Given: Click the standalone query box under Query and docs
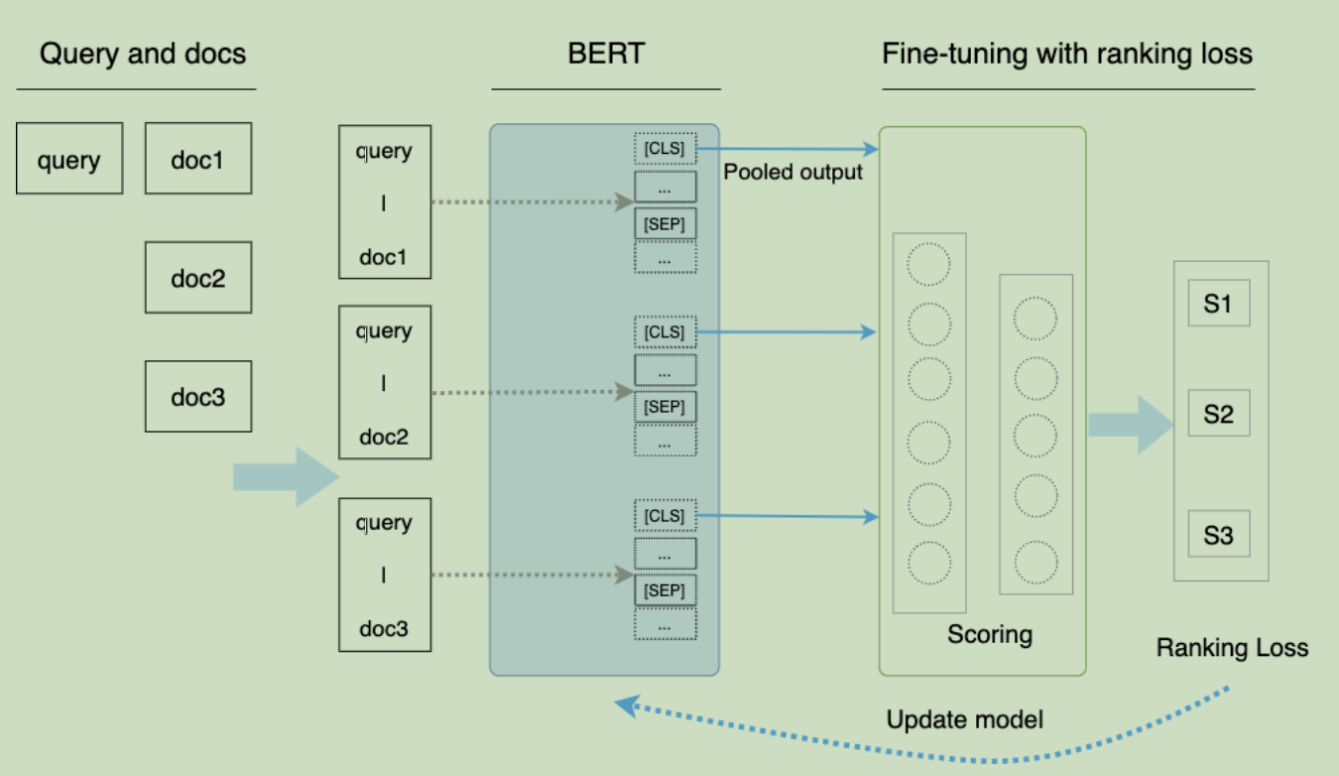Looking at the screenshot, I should (x=69, y=158).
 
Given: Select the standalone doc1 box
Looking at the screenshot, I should (x=198, y=158).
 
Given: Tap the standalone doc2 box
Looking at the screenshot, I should (x=198, y=277).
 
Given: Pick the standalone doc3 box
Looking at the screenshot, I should (x=198, y=396).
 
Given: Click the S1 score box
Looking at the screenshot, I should (x=1218, y=304).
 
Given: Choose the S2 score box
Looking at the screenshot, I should (x=1218, y=413).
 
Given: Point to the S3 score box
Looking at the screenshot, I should (x=1218, y=534).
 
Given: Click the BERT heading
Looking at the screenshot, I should (x=605, y=54).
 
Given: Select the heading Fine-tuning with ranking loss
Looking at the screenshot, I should (x=1067, y=54).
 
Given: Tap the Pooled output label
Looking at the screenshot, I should (x=792, y=172).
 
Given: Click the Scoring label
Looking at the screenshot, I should (x=989, y=634).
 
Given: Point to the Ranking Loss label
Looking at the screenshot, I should (x=1232, y=648).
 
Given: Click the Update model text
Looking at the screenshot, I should (x=964, y=719).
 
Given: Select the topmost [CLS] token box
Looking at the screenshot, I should (x=665, y=149).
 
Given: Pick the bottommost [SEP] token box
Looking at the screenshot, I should (x=665, y=590).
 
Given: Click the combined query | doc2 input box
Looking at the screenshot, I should (x=385, y=383).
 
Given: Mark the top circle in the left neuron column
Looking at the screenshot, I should (x=929, y=262).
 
